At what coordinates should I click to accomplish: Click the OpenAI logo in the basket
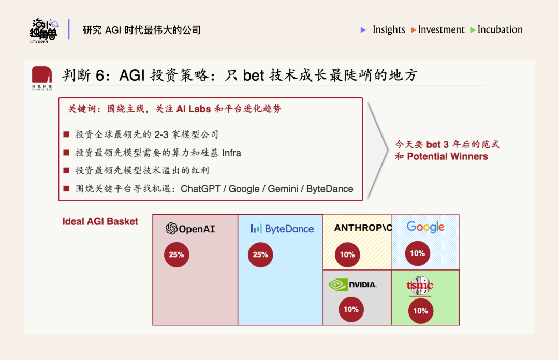[190, 229]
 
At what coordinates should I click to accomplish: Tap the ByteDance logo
[282, 229]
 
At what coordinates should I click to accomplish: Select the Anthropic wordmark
[363, 228]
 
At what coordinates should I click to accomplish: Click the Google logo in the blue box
[425, 227]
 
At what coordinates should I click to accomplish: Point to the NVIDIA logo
[352, 285]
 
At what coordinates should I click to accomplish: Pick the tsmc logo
[420, 286]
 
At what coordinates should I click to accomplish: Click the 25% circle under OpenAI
[176, 254]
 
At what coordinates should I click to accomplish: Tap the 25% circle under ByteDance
[260, 254]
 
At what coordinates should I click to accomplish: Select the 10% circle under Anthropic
[347, 254]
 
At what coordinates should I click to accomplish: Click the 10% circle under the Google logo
[418, 253]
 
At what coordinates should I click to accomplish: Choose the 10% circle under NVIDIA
[351, 309]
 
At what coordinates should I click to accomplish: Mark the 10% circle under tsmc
[421, 311]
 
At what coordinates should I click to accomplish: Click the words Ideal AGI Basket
[100, 221]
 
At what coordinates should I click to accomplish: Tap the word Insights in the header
[389, 29]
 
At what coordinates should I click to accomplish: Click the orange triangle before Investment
[413, 30]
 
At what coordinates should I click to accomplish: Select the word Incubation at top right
[500, 29]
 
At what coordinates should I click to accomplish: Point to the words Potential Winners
[447, 156]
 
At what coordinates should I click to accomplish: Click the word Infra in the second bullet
[231, 153]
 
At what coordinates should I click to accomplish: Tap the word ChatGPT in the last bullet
[201, 189]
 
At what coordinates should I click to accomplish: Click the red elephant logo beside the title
[42, 75]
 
